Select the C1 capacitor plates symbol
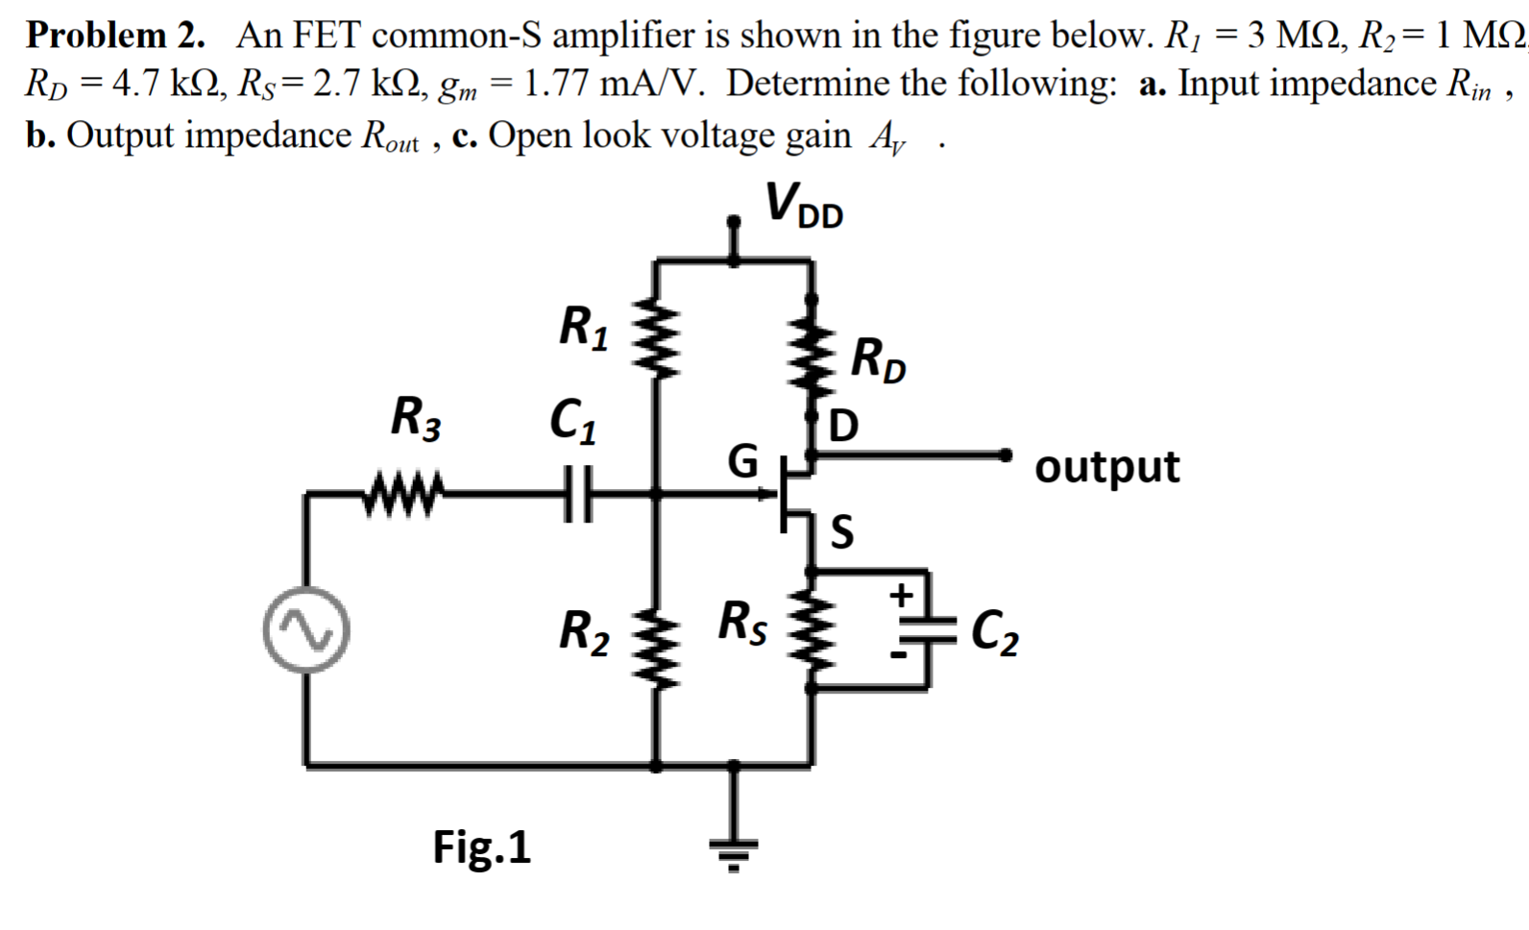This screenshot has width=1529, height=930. click(x=574, y=494)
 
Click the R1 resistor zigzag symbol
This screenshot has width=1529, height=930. click(x=656, y=335)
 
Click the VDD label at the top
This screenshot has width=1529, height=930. click(x=804, y=206)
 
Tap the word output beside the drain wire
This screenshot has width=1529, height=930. click(x=1106, y=467)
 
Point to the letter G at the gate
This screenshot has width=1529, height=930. click(x=742, y=460)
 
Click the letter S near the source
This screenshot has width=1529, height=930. click(x=841, y=531)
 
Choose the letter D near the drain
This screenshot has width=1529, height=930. click(x=843, y=426)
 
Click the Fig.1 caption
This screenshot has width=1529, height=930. click(x=481, y=847)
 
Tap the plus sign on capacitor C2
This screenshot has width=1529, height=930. click(x=901, y=596)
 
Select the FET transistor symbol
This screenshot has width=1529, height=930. click(x=795, y=495)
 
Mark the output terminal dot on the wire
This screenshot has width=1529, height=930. click(x=1006, y=453)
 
